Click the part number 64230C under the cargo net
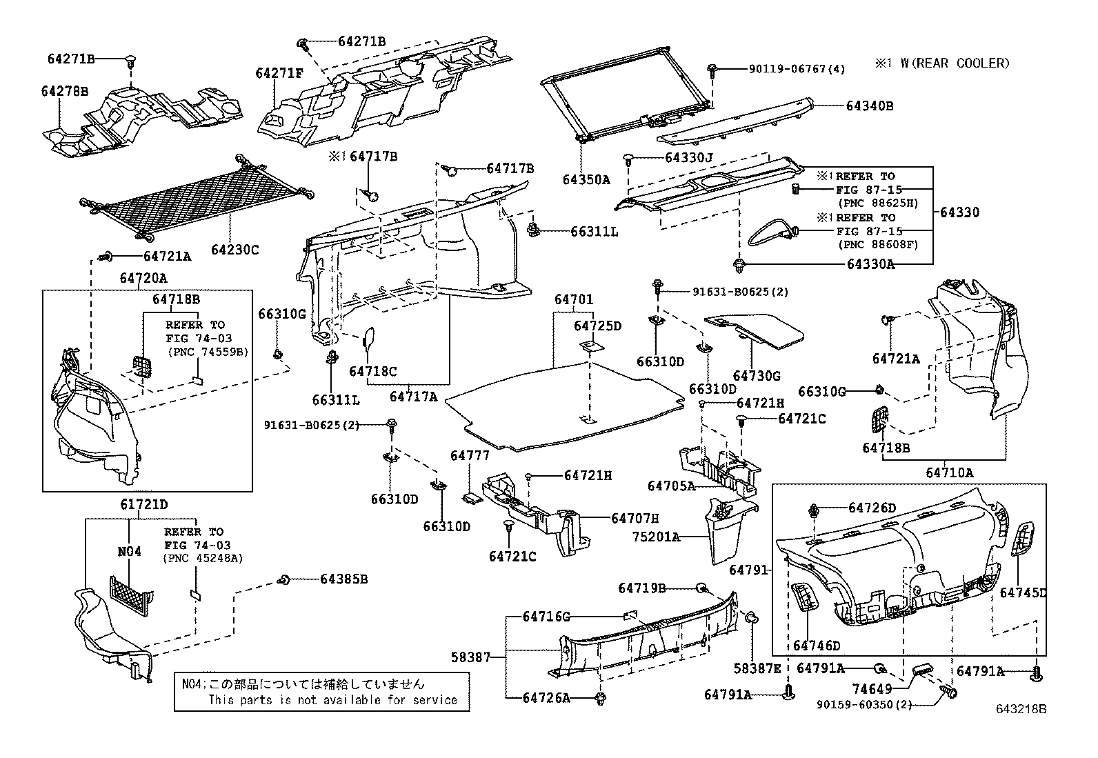pyautogui.click(x=234, y=250)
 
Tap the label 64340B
pyautogui.click(x=870, y=106)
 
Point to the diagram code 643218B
pyautogui.click(x=1021, y=709)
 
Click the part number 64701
pyautogui.click(x=574, y=299)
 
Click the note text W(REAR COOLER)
pyautogui.click(x=955, y=63)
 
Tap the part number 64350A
pyautogui.click(x=586, y=180)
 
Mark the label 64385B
pyautogui.click(x=344, y=579)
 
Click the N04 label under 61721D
pyautogui.click(x=130, y=552)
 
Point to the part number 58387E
pyautogui.click(x=757, y=668)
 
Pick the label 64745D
pyautogui.click(x=1023, y=592)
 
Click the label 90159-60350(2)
pyautogui.click(x=864, y=705)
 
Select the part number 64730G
pyautogui.click(x=757, y=376)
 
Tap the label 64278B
pyautogui.click(x=65, y=91)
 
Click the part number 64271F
pyautogui.click(x=279, y=73)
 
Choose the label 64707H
pyautogui.click(x=635, y=518)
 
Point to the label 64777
pyautogui.click(x=470, y=455)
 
